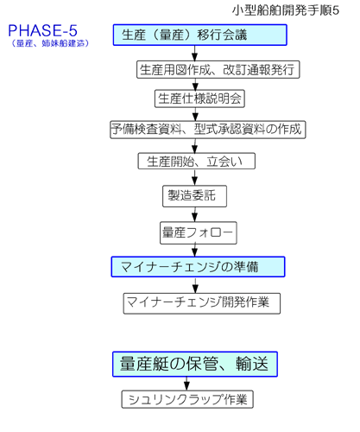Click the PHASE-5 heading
[x=42, y=30]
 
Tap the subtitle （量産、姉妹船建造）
[x=50, y=43]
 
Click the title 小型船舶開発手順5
[x=286, y=10]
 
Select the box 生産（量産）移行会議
[x=200, y=35]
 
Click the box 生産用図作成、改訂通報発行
[x=218, y=69]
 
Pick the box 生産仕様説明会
[x=199, y=98]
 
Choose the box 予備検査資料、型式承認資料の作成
[x=208, y=130]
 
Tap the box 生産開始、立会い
[x=197, y=161]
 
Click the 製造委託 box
[x=194, y=196]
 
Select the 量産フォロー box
[x=199, y=232]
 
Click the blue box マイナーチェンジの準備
[x=198, y=267]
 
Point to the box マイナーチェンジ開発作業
[x=202, y=303]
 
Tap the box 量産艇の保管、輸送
[x=195, y=364]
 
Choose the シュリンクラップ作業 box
[x=187, y=399]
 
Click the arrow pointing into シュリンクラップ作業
[x=186, y=384]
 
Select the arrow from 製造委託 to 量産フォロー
[x=195, y=214]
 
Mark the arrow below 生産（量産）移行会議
[x=195, y=53]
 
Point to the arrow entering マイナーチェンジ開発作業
[x=195, y=285]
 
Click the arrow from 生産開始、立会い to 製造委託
[x=195, y=177]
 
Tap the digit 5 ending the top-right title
[x=336, y=10]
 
